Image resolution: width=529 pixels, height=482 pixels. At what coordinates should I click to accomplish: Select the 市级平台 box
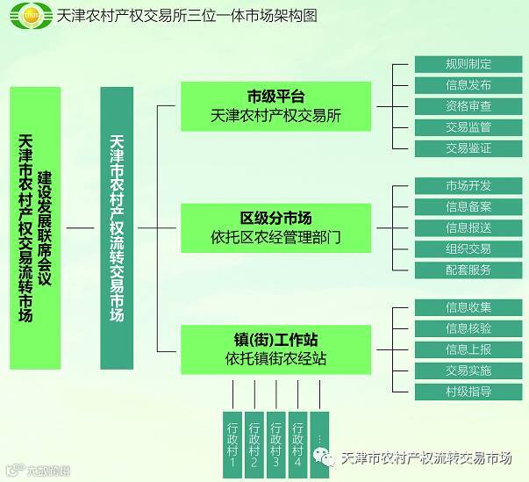tap(275, 106)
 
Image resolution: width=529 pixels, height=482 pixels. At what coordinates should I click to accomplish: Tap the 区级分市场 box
tap(275, 227)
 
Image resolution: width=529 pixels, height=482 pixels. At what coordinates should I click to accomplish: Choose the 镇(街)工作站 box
tap(275, 349)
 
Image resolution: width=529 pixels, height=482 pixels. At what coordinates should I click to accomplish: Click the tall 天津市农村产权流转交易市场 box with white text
tap(118, 227)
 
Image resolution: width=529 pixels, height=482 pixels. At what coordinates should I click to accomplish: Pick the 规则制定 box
tap(468, 64)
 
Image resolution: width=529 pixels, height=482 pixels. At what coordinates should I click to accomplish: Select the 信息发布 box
tap(468, 85)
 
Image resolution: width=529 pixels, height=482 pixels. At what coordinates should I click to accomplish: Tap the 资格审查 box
tap(468, 106)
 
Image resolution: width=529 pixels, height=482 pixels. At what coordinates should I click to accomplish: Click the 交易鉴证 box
tap(468, 148)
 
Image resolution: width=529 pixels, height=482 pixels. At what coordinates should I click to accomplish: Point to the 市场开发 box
tap(468, 185)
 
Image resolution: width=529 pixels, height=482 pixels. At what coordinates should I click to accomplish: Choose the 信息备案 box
tap(468, 206)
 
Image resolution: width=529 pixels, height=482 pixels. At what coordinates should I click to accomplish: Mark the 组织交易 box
tap(468, 248)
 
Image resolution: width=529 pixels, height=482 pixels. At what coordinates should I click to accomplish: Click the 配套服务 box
tap(468, 270)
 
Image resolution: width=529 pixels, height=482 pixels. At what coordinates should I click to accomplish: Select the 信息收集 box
tap(468, 307)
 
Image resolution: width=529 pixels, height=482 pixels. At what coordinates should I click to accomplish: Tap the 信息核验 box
tap(468, 328)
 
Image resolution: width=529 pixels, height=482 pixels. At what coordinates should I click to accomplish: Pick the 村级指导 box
tap(468, 392)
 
